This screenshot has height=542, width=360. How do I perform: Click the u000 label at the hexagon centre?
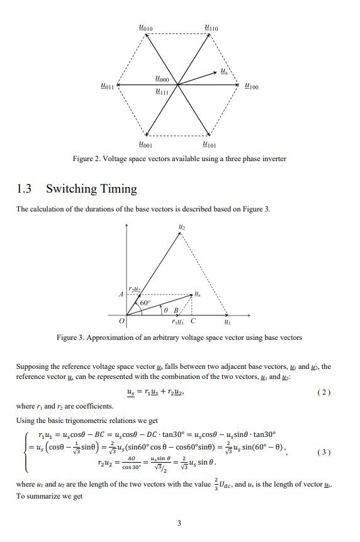(x=162, y=79)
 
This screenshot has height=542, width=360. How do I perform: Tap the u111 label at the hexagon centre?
(x=162, y=93)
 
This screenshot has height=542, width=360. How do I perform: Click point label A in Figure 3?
(x=120, y=293)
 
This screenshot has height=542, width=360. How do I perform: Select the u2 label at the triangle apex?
(x=181, y=225)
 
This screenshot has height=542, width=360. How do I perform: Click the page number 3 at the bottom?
(x=179, y=522)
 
